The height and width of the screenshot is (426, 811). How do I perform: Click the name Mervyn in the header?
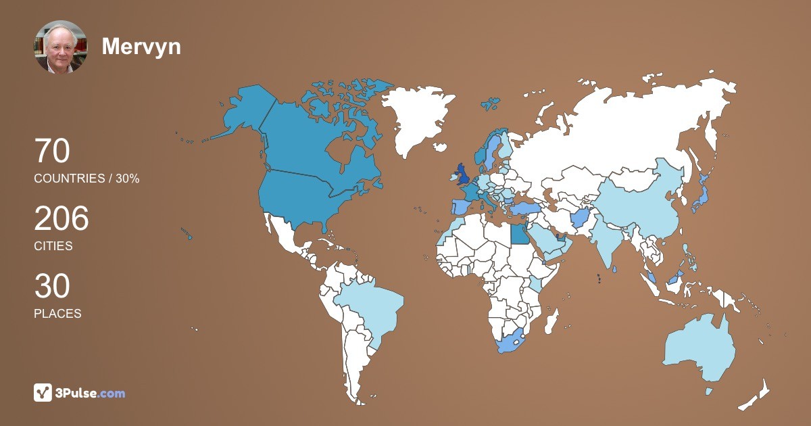141,46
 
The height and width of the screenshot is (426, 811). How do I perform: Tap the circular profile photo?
61,47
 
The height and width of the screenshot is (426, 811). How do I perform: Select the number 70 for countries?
52,151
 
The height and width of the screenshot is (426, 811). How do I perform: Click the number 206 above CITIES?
62,219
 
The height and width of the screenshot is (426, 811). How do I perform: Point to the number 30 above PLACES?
52,287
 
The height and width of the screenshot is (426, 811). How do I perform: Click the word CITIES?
53,246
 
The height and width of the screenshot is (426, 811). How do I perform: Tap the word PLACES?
57,314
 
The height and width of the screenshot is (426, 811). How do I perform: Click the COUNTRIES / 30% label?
87,179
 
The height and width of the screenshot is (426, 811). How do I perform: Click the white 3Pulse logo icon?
43,392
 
